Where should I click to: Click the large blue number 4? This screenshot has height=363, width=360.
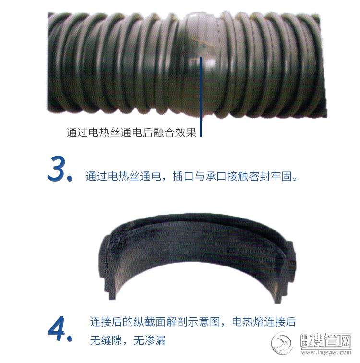point(58,329)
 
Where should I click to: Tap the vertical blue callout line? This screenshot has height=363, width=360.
point(201,97)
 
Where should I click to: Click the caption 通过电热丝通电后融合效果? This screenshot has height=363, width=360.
point(131,132)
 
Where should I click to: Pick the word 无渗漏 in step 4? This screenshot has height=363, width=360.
point(149,340)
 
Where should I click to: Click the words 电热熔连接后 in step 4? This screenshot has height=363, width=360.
point(264,322)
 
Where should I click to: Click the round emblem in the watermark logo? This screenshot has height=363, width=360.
point(283,344)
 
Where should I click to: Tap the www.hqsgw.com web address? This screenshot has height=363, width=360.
point(326,352)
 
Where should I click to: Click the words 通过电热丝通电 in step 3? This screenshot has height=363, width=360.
point(123,176)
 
